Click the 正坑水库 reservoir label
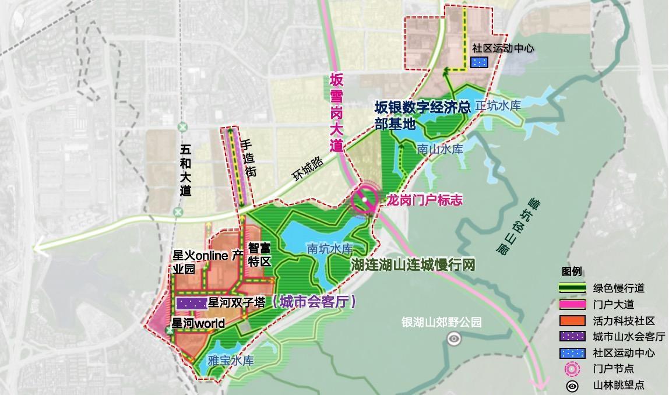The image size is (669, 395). tap(498, 106)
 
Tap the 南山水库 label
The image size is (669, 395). tap(440, 149)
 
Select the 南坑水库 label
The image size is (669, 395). tap(330, 249)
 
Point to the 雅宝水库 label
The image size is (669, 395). tap(231, 361)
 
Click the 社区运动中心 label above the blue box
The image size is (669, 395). tap(503, 49)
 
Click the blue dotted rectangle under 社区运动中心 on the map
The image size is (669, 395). tap(479, 62)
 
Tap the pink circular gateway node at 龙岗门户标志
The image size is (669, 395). tap(365, 200)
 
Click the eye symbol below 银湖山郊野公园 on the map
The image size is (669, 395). tap(453, 337)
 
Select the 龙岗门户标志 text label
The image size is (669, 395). tap(425, 200)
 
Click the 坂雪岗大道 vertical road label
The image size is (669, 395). tap(336, 112)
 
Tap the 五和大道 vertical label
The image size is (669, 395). tap(185, 169)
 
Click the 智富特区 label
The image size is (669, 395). tap(259, 255)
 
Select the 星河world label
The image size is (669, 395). tap(198, 323)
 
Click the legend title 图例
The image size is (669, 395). tap(571, 272)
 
